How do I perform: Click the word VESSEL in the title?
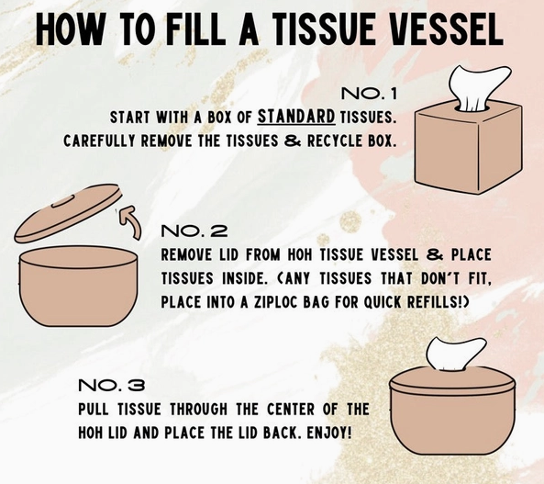click(x=446, y=29)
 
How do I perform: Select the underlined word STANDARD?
click(x=296, y=117)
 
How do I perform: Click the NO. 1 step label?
click(x=369, y=93)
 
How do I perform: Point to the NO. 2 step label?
click(x=194, y=231)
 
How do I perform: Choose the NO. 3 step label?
click(x=112, y=385)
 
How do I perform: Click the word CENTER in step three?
click(x=291, y=410)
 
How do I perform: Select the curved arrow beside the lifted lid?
click(x=131, y=221)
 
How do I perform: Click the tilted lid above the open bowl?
click(x=69, y=213)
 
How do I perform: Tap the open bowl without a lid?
click(x=78, y=287)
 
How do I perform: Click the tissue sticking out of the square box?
click(x=480, y=88)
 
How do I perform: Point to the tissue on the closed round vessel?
click(x=455, y=355)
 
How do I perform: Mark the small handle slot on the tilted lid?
click(x=62, y=201)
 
